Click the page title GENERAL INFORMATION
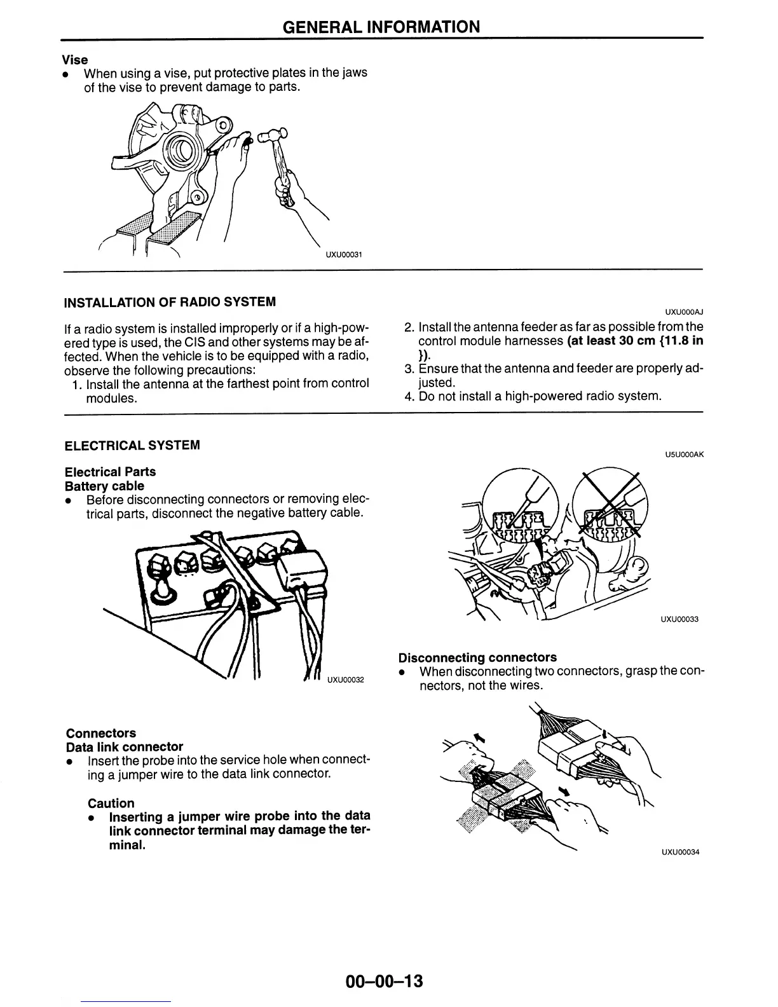click(381, 27)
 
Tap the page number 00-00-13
click(384, 981)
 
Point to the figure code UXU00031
click(344, 254)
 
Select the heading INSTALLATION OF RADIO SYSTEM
click(170, 301)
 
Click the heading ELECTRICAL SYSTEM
click(132, 445)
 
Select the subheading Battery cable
click(104, 486)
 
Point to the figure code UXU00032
click(345, 680)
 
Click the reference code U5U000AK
click(683, 455)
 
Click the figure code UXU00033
click(679, 619)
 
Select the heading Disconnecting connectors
click(477, 657)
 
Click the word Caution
click(111, 803)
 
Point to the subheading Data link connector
click(125, 746)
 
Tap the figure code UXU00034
click(679, 853)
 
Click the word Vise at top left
click(75, 60)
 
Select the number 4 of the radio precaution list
click(409, 397)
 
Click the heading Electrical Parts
click(110, 472)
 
